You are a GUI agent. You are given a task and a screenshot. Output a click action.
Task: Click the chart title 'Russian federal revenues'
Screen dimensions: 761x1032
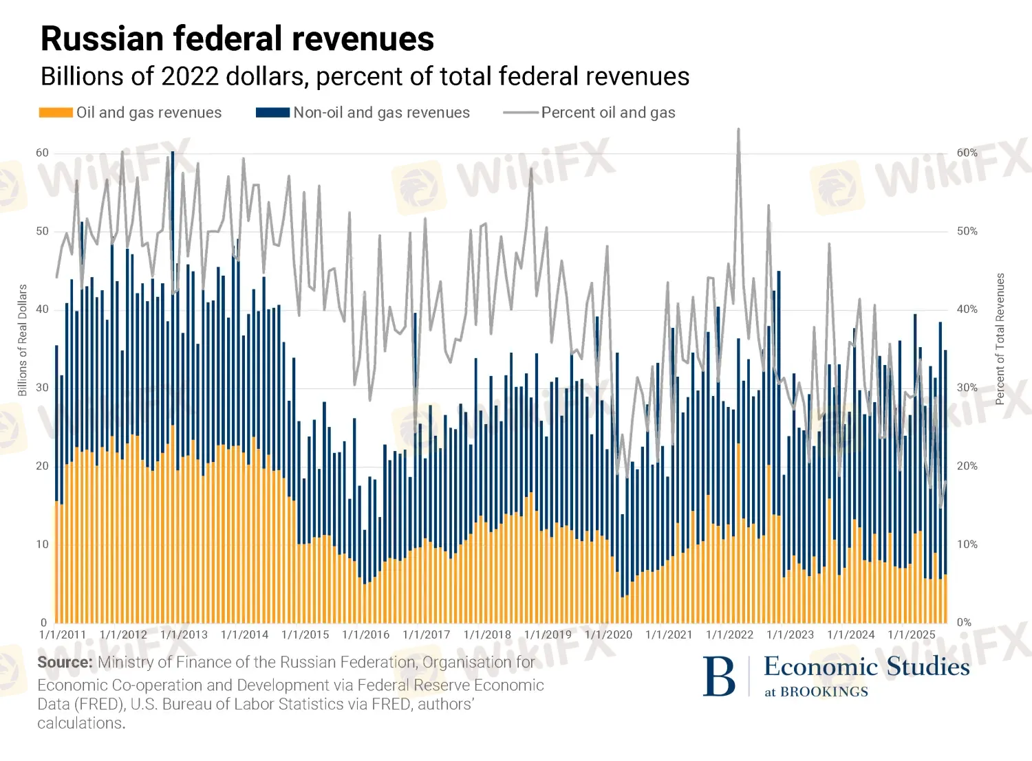pyautogui.click(x=237, y=38)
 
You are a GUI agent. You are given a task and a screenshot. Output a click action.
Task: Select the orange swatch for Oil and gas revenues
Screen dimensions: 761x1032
pyautogui.click(x=56, y=113)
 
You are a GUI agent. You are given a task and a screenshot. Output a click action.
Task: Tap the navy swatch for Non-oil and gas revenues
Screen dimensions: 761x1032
pyautogui.click(x=272, y=113)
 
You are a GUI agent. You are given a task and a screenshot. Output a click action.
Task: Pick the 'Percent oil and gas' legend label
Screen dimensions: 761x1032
pyautogui.click(x=608, y=113)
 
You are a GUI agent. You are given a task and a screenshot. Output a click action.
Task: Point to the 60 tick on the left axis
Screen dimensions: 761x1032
pyautogui.click(x=43, y=153)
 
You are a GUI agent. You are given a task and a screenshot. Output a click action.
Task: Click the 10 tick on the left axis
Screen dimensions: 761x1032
pyautogui.click(x=43, y=544)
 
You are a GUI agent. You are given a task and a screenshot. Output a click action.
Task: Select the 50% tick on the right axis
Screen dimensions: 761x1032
pyautogui.click(x=967, y=231)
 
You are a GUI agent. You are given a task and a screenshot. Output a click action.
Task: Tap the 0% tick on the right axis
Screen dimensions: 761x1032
pyautogui.click(x=964, y=622)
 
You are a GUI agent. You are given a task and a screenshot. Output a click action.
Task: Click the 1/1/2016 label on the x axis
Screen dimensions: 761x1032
pyautogui.click(x=365, y=635)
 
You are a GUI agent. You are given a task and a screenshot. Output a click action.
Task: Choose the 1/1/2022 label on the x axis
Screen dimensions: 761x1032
pyautogui.click(x=729, y=635)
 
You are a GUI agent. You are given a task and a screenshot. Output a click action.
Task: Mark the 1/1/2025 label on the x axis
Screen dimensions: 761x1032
pyautogui.click(x=911, y=635)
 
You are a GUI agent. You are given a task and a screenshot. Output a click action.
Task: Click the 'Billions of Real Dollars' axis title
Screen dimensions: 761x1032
pyautogui.click(x=22, y=340)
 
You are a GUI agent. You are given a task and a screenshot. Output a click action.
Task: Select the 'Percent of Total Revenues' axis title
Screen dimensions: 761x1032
pyautogui.click(x=1000, y=339)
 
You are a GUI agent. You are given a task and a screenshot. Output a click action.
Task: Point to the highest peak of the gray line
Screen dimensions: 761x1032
pyautogui.click(x=738, y=129)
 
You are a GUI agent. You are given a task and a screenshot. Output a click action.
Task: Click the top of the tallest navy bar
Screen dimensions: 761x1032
pyautogui.click(x=173, y=152)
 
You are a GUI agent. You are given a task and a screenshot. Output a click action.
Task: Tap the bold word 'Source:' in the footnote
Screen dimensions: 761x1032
pyautogui.click(x=65, y=663)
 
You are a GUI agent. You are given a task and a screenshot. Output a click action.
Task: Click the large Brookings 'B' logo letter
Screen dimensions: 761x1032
pyautogui.click(x=719, y=677)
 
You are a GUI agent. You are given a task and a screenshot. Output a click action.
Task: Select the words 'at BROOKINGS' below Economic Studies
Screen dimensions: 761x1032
pyautogui.click(x=816, y=692)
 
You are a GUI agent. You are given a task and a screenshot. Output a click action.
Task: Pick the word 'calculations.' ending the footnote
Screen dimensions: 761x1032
pyautogui.click(x=81, y=723)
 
